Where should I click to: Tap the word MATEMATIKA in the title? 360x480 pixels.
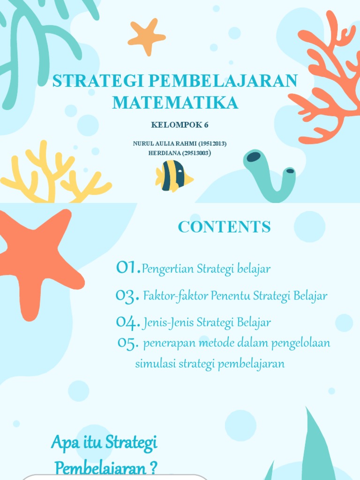click(175, 103)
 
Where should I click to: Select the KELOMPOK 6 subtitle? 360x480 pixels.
click(180, 125)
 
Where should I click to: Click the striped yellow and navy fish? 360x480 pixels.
click(173, 176)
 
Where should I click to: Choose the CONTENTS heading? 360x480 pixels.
click(224, 227)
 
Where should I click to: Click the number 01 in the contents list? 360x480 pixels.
click(127, 268)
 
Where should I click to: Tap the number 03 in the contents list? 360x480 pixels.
click(127, 296)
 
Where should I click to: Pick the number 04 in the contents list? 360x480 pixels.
click(127, 322)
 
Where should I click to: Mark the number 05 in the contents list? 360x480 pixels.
click(127, 344)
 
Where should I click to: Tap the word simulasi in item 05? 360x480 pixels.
click(151, 364)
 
